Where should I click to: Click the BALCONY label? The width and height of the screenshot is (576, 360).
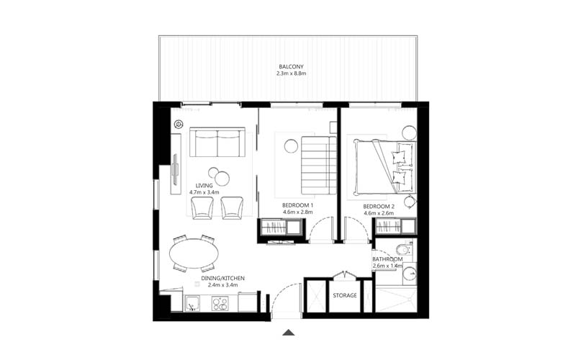pos(292,66)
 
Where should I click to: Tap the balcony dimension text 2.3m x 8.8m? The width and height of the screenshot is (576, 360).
pos(292,73)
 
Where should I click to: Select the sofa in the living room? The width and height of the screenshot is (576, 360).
pos(217,143)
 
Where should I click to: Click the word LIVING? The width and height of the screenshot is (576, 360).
pos(204,186)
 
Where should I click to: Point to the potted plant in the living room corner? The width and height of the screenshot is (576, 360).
pos(177,125)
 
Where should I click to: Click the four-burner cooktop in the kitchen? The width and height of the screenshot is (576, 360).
pos(220,304)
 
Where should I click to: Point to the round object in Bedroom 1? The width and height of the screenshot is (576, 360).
pos(290,146)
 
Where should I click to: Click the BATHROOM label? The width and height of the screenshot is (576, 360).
pos(392,259)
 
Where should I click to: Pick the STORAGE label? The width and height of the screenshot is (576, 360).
pos(345,295)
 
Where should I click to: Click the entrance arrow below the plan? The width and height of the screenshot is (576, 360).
pos(288,332)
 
